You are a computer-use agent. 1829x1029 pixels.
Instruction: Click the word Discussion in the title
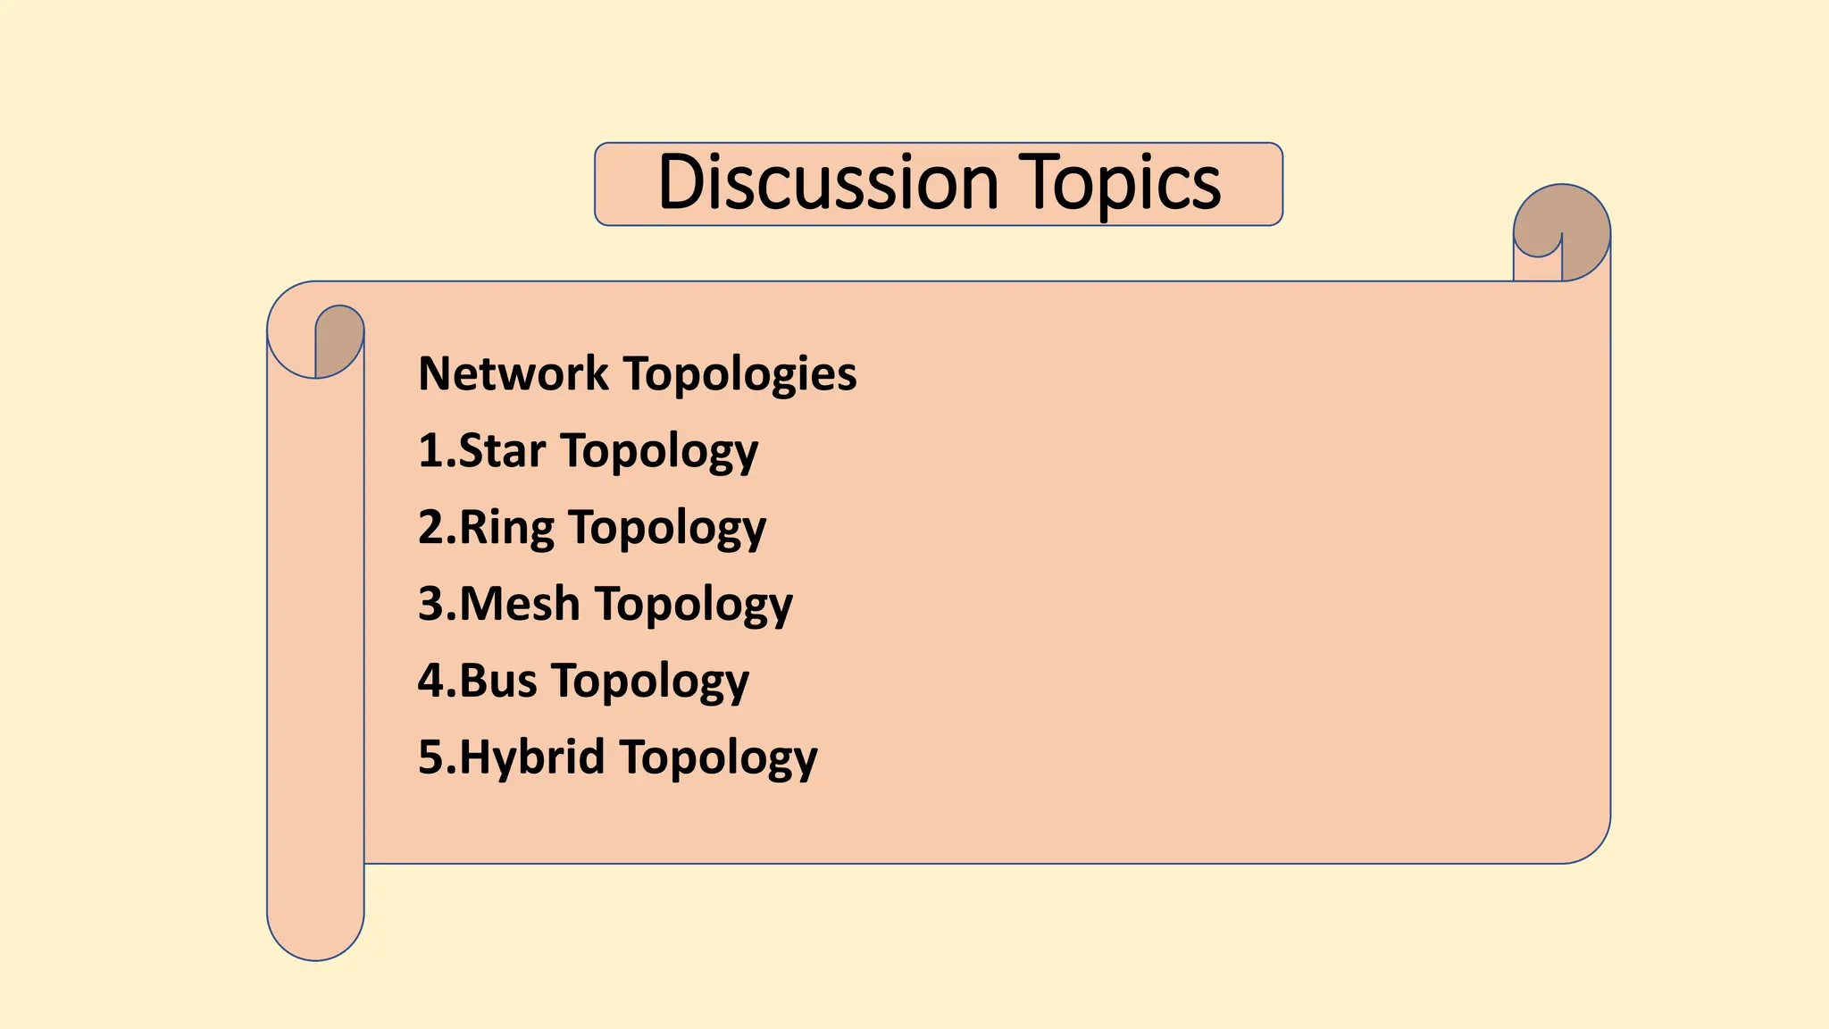[x=827, y=183]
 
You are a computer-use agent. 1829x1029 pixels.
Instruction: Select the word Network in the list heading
[x=514, y=373]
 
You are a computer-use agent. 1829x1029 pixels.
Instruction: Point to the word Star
[x=502, y=450]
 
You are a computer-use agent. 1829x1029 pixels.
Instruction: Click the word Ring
[x=506, y=528]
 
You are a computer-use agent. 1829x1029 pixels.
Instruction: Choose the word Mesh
[x=520, y=604]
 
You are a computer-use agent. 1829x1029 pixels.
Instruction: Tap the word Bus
[x=498, y=681]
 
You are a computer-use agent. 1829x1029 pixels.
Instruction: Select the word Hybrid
[x=532, y=757]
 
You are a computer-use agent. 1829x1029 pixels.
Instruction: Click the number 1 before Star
[x=430, y=450]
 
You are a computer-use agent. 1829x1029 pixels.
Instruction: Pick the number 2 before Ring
[x=431, y=527]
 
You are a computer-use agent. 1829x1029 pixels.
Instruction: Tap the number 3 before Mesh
[x=431, y=604]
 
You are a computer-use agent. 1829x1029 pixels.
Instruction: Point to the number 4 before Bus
[x=431, y=681]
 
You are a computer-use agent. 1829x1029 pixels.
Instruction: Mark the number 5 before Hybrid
[x=431, y=757]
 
